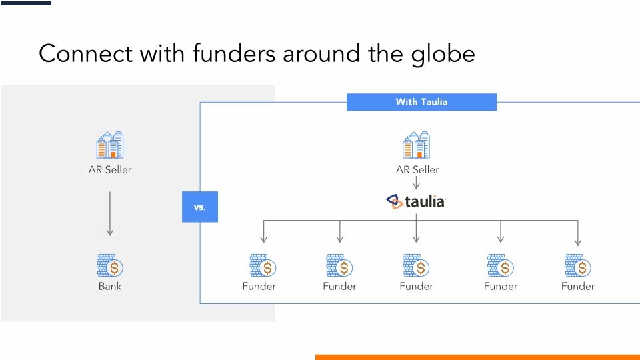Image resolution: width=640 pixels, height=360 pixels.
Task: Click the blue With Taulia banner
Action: coord(421,102)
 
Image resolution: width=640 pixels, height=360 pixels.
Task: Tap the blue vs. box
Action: coord(200,207)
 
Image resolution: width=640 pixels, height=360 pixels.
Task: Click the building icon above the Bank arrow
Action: coord(110,145)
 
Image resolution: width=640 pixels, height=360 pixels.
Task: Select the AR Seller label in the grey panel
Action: coord(110,170)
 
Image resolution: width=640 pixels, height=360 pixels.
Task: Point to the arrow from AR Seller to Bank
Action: coord(110,213)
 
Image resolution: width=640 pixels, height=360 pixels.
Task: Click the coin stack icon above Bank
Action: coord(110,266)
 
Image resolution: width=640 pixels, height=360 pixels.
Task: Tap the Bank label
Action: coord(110,287)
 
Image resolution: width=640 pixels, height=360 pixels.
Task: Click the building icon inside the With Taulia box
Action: coord(417,145)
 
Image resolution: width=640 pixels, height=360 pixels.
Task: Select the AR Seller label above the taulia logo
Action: coord(417,170)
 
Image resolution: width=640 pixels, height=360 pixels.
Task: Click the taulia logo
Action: coord(417,201)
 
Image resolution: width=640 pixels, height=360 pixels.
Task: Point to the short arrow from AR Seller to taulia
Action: coord(417,183)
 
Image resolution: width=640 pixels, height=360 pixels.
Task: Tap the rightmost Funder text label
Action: coord(577,287)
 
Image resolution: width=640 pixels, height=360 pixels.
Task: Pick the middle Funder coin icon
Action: coord(417,266)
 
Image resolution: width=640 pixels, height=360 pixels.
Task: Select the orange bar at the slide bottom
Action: coord(477,357)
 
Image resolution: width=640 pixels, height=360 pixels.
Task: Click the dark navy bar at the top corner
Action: coord(25,3)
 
